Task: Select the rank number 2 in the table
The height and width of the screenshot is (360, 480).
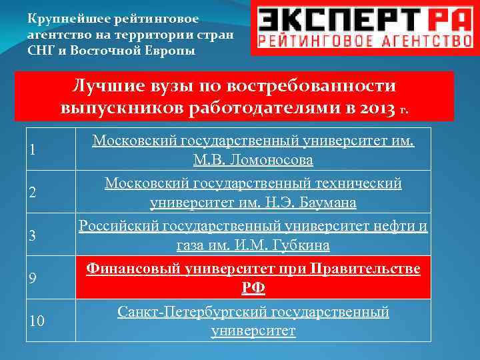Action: (32, 193)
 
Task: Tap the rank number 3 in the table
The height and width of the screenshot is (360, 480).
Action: (32, 235)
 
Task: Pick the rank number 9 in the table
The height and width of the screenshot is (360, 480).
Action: (32, 278)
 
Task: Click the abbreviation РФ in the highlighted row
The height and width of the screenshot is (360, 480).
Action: (253, 288)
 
